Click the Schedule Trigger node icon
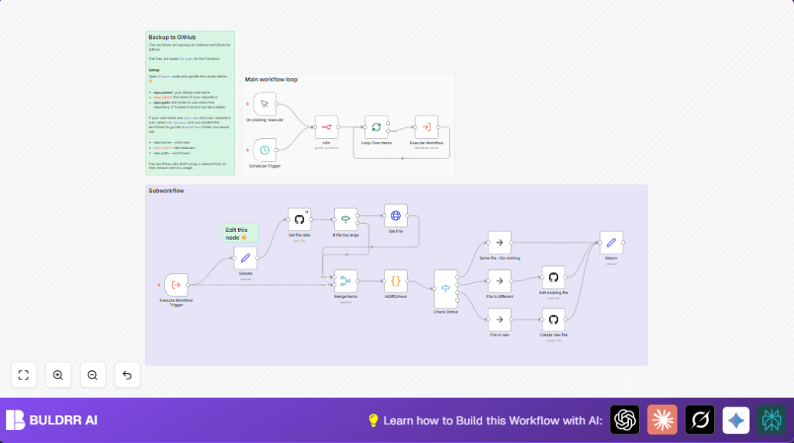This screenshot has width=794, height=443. (x=264, y=150)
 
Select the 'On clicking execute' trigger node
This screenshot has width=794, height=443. (x=264, y=104)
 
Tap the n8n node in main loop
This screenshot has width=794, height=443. (x=326, y=127)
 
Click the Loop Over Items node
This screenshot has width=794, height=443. (x=376, y=126)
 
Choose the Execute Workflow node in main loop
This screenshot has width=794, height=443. (x=426, y=127)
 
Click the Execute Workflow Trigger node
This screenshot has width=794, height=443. (x=176, y=285)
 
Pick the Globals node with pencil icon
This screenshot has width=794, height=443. (x=245, y=258)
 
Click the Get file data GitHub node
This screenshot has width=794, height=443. (x=299, y=219)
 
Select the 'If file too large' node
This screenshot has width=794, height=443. (x=346, y=219)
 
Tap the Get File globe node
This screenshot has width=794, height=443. (x=395, y=216)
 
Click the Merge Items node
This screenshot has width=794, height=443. (x=346, y=281)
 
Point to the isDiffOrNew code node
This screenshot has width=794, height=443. (x=395, y=281)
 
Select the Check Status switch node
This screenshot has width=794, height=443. (x=446, y=289)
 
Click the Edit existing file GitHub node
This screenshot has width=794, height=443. (x=554, y=277)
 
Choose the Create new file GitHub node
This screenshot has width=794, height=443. (x=554, y=320)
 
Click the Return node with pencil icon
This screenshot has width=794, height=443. (x=611, y=242)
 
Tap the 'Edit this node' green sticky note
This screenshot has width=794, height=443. (x=240, y=233)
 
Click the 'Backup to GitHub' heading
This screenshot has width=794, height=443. (x=172, y=36)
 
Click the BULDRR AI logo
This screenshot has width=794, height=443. (x=52, y=420)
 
